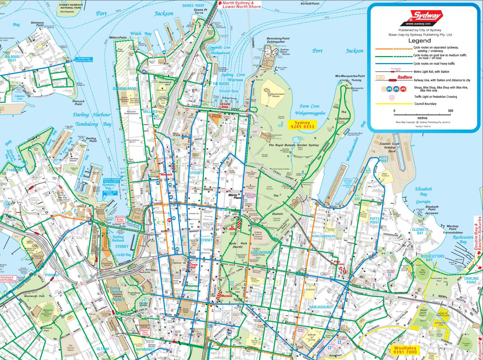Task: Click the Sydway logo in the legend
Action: [425, 16]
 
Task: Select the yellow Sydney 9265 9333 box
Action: [302, 125]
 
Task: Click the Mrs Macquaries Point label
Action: [350, 76]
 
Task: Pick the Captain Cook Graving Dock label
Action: [390, 147]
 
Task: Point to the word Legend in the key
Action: [420, 41]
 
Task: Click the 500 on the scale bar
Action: [450, 111]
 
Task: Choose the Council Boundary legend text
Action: [425, 104]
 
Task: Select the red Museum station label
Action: [227, 296]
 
